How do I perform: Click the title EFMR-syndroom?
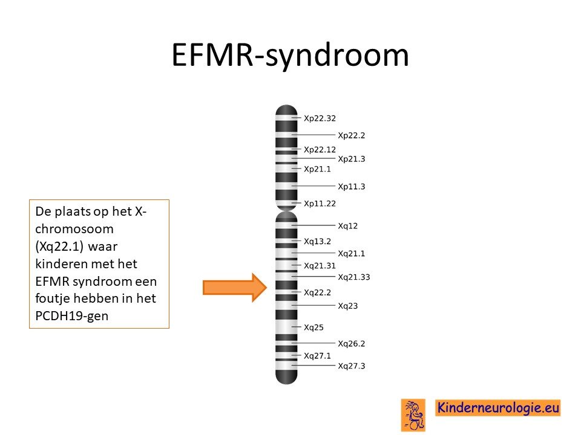click(290, 55)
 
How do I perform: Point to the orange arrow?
click(235, 288)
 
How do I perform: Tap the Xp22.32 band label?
click(320, 118)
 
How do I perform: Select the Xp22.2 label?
click(351, 135)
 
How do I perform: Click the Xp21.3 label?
click(351, 159)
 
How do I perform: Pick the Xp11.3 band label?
click(351, 187)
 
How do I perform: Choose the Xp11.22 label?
click(320, 204)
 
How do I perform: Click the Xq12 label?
click(347, 225)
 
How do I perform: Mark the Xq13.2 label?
click(317, 241)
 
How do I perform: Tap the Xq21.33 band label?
click(354, 277)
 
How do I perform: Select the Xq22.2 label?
click(317, 292)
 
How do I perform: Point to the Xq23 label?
click(347, 306)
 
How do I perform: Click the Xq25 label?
click(313, 327)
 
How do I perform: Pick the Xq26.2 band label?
click(351, 344)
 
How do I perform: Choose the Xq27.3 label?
click(351, 366)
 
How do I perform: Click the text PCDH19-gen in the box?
click(72, 316)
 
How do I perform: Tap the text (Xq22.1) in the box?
click(59, 246)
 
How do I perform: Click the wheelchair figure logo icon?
click(413, 415)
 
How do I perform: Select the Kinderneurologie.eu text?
click(498, 408)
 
